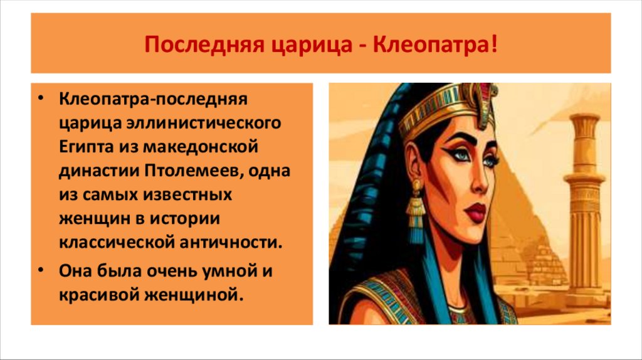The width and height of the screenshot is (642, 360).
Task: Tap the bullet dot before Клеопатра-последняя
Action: [40, 98]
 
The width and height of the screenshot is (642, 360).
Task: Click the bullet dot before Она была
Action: [40, 271]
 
